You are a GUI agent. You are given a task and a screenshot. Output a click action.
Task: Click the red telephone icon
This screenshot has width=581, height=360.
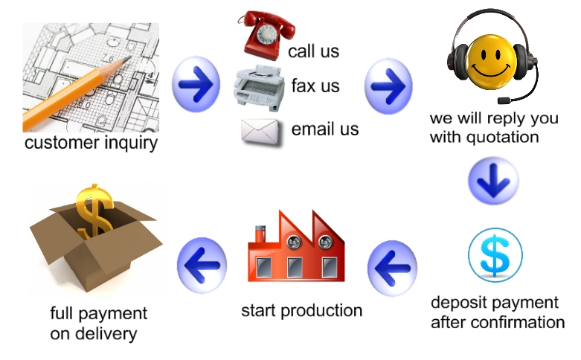click(264, 33)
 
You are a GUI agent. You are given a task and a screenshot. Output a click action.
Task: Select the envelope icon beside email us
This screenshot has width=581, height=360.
click(260, 131)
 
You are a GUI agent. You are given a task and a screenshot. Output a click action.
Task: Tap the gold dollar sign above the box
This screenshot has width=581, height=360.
click(96, 210)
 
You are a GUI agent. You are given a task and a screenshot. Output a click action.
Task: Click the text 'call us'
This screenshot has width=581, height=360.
click(313, 51)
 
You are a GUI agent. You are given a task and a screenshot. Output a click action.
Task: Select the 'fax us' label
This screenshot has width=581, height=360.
click(315, 86)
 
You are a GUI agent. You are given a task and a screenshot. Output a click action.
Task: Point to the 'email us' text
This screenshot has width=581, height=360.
click(325, 129)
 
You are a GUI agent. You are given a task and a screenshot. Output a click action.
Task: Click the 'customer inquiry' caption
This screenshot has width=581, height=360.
click(91, 142)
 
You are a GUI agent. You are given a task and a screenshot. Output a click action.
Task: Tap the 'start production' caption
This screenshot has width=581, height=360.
click(301, 310)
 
